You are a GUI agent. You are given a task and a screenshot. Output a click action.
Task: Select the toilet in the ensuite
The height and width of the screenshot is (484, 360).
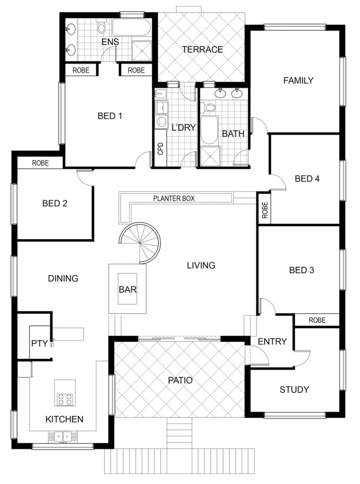[x=101, y=26]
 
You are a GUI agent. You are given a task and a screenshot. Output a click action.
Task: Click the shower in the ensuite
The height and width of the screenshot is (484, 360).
[x=142, y=51]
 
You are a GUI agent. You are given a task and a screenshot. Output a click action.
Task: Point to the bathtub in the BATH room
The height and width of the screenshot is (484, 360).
[x=209, y=130]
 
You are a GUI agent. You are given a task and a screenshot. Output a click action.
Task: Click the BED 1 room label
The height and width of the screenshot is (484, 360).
[x=110, y=116]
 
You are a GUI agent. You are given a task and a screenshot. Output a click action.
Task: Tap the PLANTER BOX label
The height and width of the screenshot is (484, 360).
[x=174, y=199]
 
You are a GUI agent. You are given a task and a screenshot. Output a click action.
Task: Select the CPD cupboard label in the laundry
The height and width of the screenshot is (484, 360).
[x=160, y=148]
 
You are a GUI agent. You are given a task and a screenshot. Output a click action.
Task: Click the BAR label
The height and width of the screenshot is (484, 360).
[x=128, y=290]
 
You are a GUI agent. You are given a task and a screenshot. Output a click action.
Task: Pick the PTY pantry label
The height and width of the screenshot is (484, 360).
[x=40, y=343]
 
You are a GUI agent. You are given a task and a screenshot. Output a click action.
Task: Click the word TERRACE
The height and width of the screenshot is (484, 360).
[x=202, y=49]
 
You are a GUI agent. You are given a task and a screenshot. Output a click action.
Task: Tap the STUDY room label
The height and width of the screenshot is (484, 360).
[x=294, y=389]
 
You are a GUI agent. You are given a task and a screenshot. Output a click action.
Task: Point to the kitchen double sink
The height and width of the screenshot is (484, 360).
[x=63, y=437]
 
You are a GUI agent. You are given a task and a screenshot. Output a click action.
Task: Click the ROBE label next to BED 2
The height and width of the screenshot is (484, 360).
[x=41, y=163]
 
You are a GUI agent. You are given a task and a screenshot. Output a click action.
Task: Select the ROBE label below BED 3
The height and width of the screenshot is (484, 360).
[x=317, y=320]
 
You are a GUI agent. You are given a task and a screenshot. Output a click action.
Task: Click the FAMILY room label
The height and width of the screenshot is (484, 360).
[x=298, y=80]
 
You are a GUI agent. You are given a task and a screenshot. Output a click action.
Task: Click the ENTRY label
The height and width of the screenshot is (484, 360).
[x=273, y=341]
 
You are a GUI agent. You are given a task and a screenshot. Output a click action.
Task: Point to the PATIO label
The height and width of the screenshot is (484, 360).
[x=180, y=380]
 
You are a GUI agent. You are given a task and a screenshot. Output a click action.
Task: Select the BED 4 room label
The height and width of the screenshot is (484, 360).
[x=307, y=178]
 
